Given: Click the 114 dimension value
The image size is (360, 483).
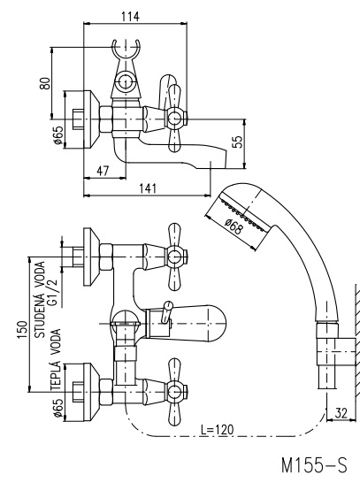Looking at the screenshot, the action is point(130,16).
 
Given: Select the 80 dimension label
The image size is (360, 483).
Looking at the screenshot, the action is point(44,83).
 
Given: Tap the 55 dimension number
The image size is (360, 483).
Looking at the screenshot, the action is point(238,142).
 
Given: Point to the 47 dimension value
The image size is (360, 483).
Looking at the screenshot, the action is point(103,171).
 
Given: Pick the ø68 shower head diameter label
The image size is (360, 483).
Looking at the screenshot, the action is point(234,226).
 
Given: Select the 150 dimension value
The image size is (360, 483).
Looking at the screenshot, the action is point(22,330).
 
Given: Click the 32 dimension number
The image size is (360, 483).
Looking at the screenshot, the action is point(341,413).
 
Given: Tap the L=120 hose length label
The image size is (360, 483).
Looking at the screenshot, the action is point(217,429).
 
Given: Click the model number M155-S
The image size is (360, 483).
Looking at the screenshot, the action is point(314,465).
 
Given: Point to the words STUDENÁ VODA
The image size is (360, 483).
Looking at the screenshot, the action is point(40,299).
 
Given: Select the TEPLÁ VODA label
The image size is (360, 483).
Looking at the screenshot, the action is point(56,360).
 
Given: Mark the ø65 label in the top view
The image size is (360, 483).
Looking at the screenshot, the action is point(58,135).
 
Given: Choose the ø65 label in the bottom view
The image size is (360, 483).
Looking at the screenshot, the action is point(58,407).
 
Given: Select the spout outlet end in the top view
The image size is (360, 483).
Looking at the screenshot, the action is point(218,159).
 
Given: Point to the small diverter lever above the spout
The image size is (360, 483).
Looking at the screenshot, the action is point(166,311).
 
